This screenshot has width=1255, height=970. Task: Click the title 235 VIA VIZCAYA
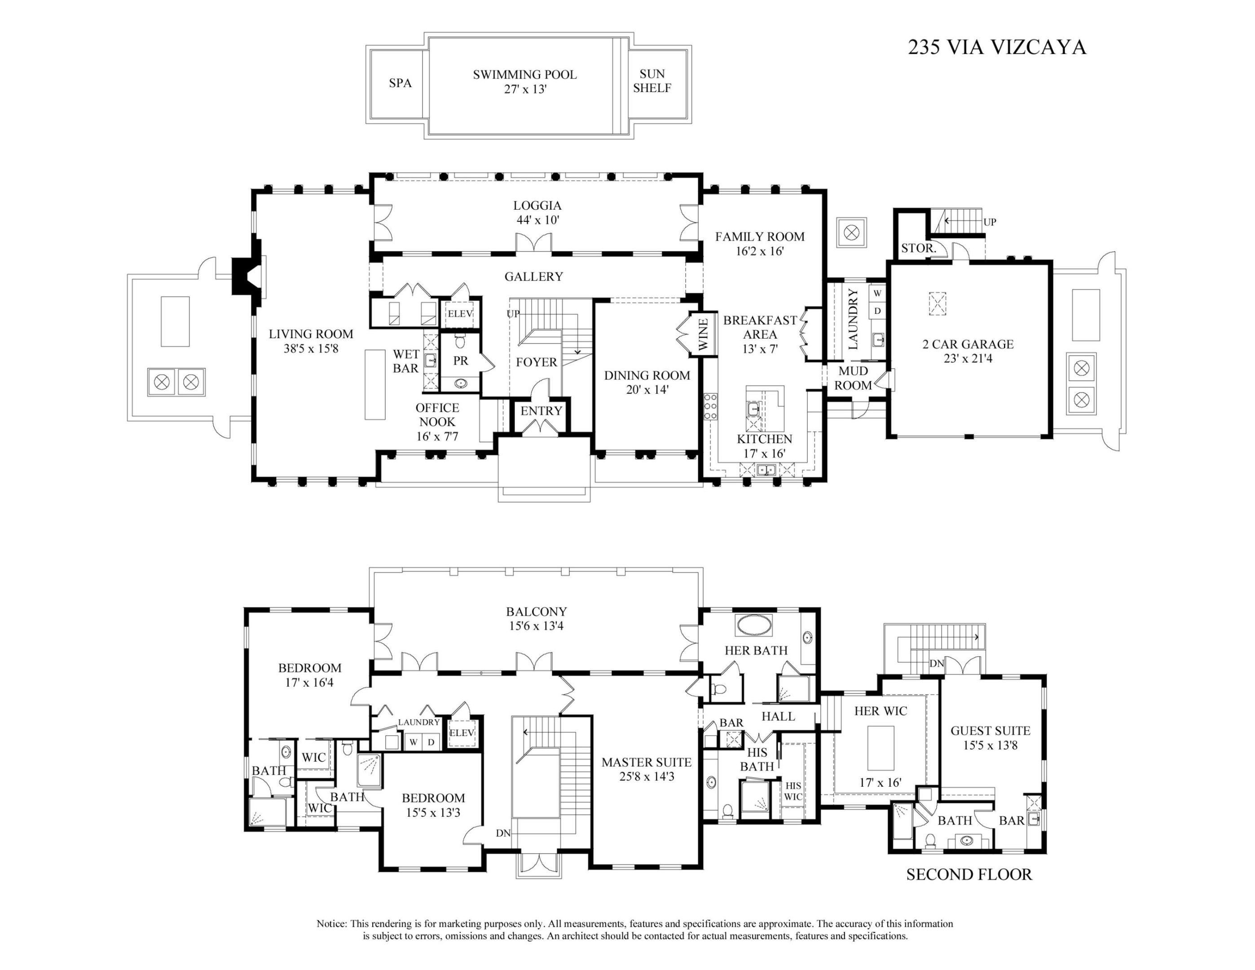pos(996,47)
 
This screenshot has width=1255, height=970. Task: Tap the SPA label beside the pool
pos(400,84)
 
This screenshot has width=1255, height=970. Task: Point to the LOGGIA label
pos(537,206)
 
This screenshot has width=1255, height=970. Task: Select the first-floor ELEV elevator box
pos(460,314)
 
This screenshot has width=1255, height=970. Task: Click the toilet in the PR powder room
pos(460,341)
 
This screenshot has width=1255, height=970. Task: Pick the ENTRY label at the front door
pos(541,411)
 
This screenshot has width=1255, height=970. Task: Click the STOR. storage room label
pos(918,249)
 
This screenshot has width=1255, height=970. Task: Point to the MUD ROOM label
pos(853,378)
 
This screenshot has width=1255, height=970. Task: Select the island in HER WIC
pos(880,747)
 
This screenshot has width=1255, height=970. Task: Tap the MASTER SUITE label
pos(647,763)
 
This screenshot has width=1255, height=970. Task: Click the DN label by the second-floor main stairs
pos(503,833)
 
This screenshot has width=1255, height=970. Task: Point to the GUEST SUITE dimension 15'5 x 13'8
pos(990,745)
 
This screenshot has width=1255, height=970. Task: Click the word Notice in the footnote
pos(331,923)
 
